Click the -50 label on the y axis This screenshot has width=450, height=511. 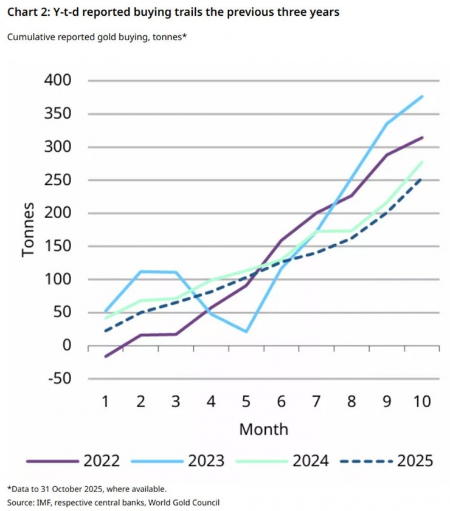tap(56, 379)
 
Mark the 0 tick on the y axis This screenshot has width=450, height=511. tap(65, 346)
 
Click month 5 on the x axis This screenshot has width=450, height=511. tap(247, 401)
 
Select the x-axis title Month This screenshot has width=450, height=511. tap(263, 429)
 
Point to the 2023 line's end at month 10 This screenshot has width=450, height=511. tap(422, 96)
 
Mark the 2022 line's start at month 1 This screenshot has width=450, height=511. tap(106, 356)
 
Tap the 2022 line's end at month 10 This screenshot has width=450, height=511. tap(422, 137)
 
